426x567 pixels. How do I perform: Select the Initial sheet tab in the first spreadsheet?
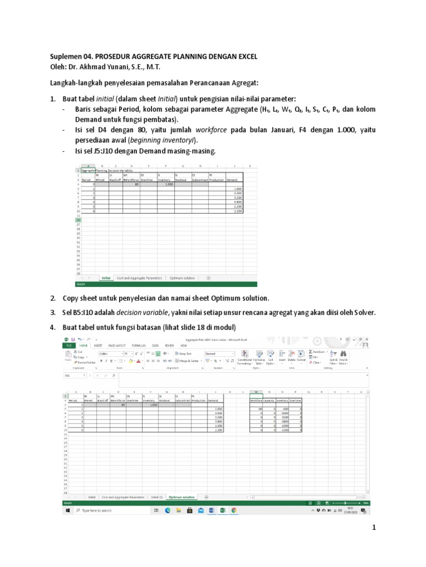pos(106,278)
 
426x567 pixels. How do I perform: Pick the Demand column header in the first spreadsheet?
pos(232,179)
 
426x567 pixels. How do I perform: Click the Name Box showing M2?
pos(75,375)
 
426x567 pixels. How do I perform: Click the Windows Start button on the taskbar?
pos(66,510)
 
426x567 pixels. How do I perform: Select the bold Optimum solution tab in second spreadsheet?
pos(182,497)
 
